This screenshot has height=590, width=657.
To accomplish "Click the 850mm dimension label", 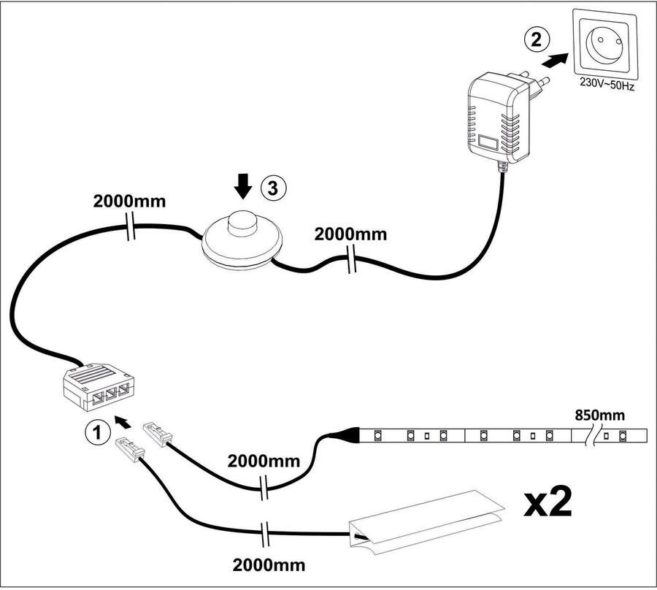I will (600, 415).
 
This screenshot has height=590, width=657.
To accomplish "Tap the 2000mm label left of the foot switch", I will (128, 202).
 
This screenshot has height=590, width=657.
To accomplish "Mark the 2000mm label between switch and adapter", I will (350, 234).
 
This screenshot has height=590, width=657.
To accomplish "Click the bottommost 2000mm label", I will (269, 564).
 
